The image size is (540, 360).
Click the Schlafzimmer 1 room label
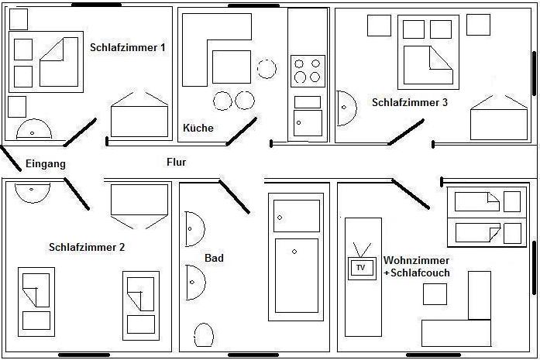pos(128,47)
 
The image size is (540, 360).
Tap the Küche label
pos(198,128)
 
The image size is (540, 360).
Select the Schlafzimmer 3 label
pos(410,102)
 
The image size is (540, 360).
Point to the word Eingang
pos(46,164)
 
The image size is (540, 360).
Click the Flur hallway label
pos(177,163)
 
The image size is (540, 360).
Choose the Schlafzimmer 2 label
pos(87,248)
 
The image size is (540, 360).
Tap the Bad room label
pos(214,258)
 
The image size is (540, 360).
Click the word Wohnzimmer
pos(417,260)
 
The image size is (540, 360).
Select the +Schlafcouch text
pos(417,273)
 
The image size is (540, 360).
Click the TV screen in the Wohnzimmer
pos(360,268)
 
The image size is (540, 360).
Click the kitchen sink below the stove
pos(308,122)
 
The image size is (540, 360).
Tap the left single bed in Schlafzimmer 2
pos(36,301)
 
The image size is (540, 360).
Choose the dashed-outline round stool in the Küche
pos(267,68)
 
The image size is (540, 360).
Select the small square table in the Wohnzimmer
pos(435,294)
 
